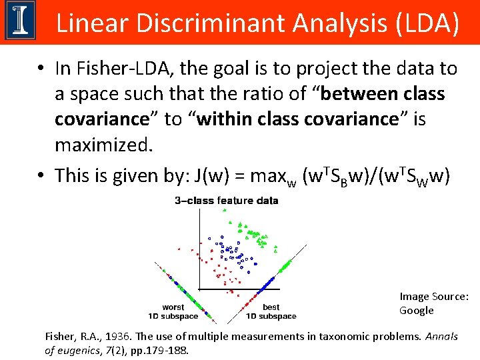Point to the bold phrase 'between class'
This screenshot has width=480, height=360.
[x=383, y=94]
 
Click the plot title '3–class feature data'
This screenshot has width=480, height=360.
[x=227, y=201]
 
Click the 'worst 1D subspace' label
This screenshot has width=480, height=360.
[x=173, y=311]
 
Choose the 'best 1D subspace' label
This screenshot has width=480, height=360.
[x=271, y=311]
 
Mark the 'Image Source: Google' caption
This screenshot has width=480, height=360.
[x=433, y=303]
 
